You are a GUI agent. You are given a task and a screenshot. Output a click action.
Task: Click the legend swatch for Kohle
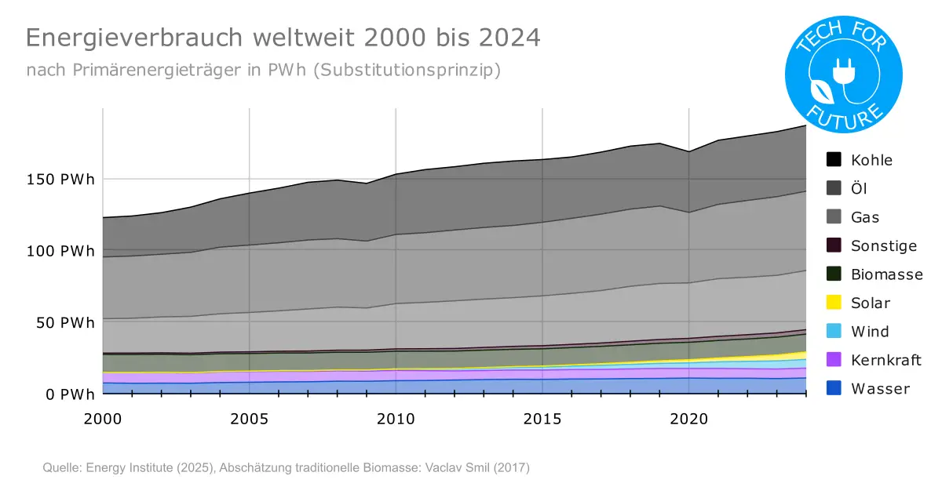pyautogui.click(x=834, y=159)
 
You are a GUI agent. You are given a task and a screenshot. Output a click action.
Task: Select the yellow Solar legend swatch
pyautogui.click(x=834, y=302)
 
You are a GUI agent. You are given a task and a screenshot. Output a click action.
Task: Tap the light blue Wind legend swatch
pyautogui.click(x=834, y=331)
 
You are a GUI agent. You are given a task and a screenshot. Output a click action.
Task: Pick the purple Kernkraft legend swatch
pyautogui.click(x=834, y=359)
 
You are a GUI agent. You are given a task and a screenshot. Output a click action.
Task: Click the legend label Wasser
pyautogui.click(x=880, y=388)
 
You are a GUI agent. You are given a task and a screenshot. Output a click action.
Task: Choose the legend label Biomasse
pyautogui.click(x=886, y=274)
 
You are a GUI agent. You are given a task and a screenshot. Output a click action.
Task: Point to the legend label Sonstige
pyautogui.click(x=883, y=245)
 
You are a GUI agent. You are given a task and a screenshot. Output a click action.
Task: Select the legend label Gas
pyautogui.click(x=865, y=216)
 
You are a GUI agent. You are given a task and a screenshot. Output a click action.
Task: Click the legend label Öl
pyautogui.click(x=859, y=188)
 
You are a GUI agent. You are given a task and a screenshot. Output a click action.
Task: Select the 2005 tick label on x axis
pyautogui.click(x=249, y=419)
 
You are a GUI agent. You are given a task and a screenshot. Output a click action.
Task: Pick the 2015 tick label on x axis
pyautogui.click(x=542, y=419)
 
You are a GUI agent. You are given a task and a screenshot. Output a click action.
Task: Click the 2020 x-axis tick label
pyautogui.click(x=688, y=419)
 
